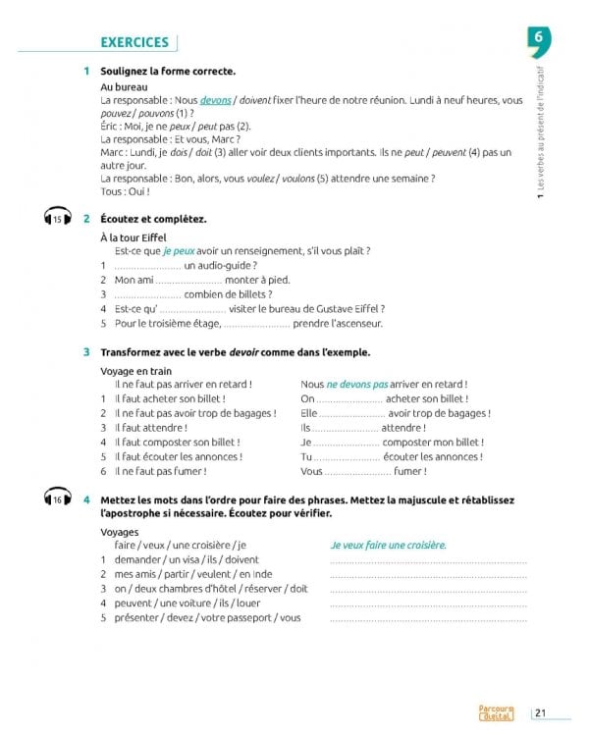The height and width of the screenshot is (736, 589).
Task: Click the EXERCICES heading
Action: point(134,42)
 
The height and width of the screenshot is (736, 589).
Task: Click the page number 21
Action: point(543,713)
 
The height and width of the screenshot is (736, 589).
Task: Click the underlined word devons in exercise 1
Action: point(216,101)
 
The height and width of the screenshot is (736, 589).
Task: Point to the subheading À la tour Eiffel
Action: point(134,237)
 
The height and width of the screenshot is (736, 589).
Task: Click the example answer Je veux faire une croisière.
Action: point(388,545)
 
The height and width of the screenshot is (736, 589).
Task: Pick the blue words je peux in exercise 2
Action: point(181,251)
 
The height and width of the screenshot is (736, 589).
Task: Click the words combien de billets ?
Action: point(228,294)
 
